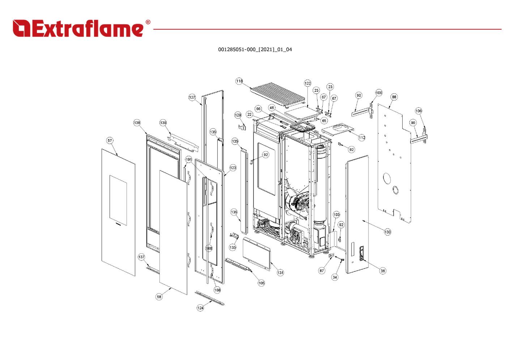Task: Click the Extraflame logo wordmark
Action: coord(78,28)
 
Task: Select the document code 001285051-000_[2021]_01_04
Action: coord(255,50)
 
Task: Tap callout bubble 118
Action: coord(239,81)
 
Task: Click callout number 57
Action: coord(110,140)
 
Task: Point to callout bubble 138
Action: coord(137,123)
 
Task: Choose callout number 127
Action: coord(192,97)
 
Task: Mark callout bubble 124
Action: coord(200,308)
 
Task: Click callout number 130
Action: coord(387,232)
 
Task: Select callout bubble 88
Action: coord(394,97)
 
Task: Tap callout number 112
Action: coord(362,137)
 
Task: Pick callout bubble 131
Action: coord(280,273)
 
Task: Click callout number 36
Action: coord(383,271)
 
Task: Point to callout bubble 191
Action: coord(189,159)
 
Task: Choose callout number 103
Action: coord(336,214)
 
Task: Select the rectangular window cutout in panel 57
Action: coord(118,200)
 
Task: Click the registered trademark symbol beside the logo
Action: coord(148,22)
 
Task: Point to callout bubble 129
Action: coord(238,115)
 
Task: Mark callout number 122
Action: coord(307,83)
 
